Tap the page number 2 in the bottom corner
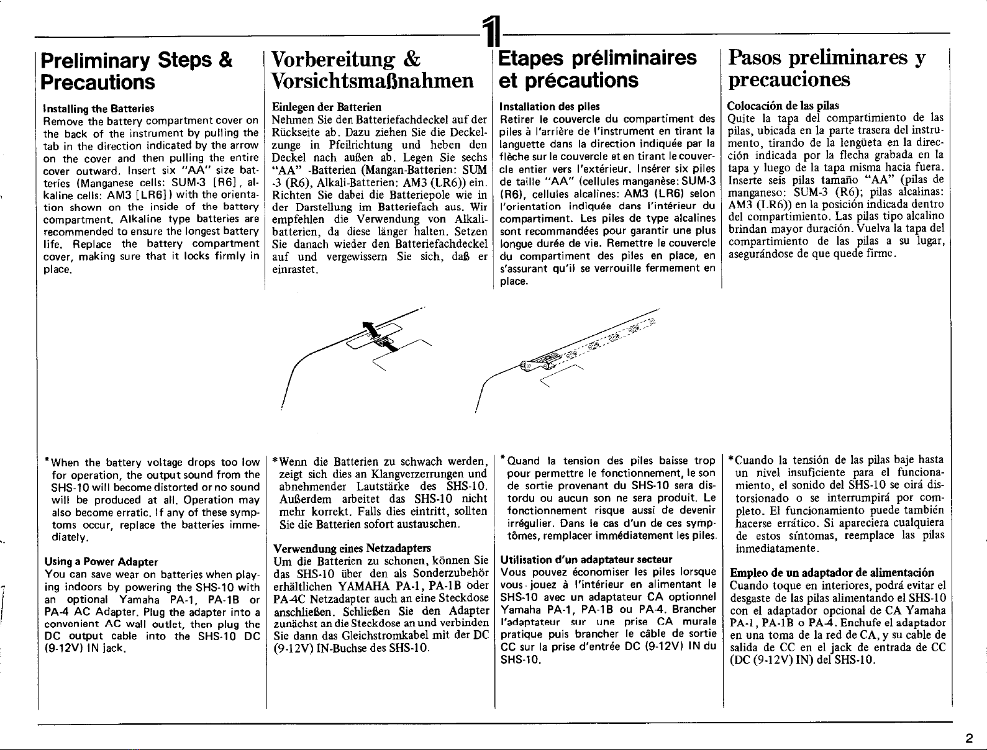968,738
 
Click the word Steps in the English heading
186,61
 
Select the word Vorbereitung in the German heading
333,60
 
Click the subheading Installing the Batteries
99,109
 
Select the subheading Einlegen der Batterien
327,107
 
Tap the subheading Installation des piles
550,107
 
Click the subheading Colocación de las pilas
783,106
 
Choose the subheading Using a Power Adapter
101,562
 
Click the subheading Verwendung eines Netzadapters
352,549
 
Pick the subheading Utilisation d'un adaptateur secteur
586,559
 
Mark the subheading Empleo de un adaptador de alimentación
832,572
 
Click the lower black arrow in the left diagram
390,346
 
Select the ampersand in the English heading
225,60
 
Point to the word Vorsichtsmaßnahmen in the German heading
372,81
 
